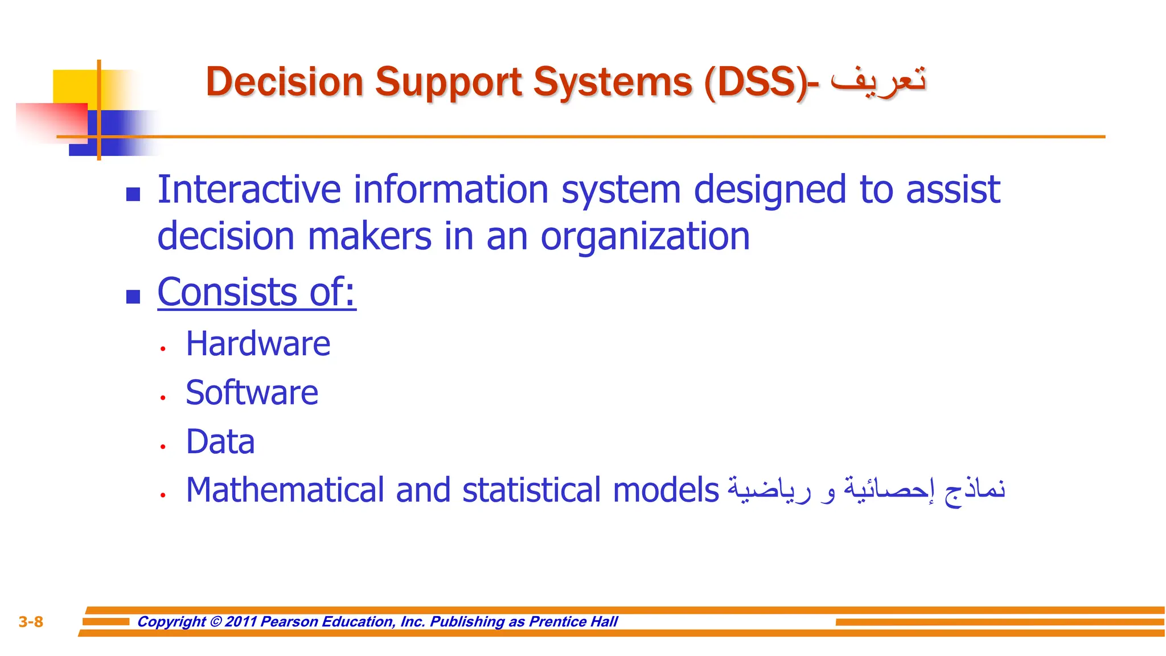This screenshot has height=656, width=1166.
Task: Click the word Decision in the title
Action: (x=284, y=82)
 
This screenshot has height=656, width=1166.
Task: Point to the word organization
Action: (x=644, y=236)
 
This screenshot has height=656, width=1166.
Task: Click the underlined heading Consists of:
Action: (x=257, y=292)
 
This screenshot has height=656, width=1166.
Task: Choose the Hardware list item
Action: (x=258, y=344)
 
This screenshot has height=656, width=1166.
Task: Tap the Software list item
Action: (x=252, y=393)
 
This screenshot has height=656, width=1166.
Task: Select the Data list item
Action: (x=220, y=442)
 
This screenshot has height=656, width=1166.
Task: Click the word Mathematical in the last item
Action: (x=285, y=490)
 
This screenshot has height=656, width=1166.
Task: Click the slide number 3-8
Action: (x=31, y=622)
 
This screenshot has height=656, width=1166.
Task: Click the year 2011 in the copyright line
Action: (x=241, y=622)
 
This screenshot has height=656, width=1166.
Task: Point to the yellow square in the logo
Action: (x=74, y=85)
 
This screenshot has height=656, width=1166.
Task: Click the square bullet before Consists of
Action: (x=133, y=297)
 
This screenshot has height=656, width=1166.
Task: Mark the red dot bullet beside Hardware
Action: (x=163, y=348)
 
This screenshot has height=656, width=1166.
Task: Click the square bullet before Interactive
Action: (x=133, y=195)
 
